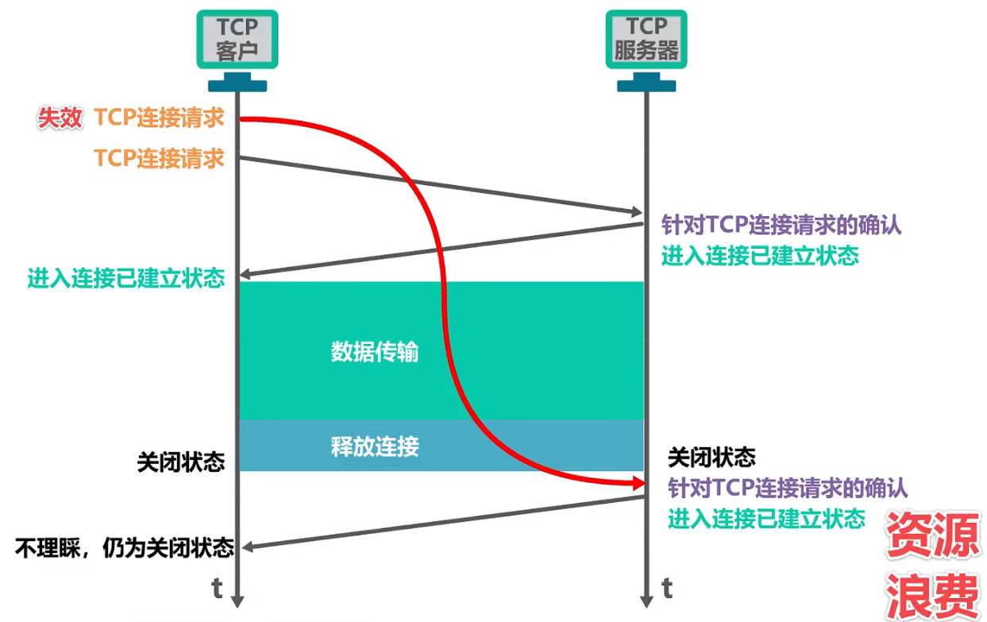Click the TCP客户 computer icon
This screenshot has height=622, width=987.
pos(237,40)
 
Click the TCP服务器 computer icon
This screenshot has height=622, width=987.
pos(646,40)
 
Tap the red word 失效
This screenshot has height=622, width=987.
pos(60,118)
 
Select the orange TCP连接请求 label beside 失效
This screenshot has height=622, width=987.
pos(159,118)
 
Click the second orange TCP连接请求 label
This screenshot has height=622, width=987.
pos(159,157)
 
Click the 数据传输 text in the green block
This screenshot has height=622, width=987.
pos(374,352)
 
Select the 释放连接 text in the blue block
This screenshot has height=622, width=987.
pos(374,446)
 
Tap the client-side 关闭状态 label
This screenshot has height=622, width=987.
pos(180,462)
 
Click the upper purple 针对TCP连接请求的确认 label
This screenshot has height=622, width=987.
pos(781,225)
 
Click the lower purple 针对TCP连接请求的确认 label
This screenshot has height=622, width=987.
pos(788,486)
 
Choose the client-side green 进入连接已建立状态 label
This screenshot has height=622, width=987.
pos(126,278)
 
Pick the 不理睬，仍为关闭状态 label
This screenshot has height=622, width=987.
pos(125,548)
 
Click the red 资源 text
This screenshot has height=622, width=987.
pos(932,535)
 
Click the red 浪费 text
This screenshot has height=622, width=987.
pos(932,592)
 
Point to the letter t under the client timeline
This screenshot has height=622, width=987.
pos(217,588)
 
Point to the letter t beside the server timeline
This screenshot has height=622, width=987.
pos(667,588)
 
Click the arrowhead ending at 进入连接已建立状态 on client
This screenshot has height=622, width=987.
pos(245,275)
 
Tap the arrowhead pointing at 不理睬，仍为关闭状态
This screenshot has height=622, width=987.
pos(247,547)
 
